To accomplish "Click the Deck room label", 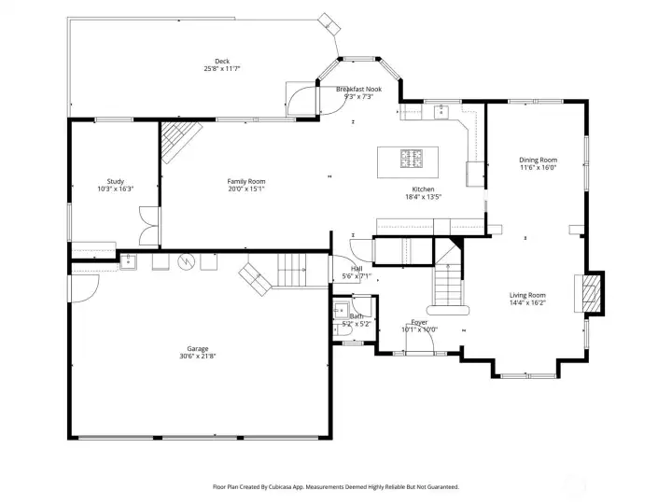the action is point(222,62).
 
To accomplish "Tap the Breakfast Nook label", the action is point(358,90).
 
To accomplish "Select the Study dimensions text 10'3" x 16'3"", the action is point(116,189).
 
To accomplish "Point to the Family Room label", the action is point(246,181).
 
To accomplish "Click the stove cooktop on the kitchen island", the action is point(412,158).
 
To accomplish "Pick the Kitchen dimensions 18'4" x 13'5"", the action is point(424,197).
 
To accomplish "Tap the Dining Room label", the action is point(539,160).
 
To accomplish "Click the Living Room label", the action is point(527,295).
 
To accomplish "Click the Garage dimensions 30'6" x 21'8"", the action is point(198,356).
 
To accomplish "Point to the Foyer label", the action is point(419,322).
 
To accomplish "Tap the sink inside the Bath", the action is point(342,310).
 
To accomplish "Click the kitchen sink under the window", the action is point(441,112).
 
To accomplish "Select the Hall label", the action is point(357,269).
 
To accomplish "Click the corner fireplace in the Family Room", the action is point(181,141).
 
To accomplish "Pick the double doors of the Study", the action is point(149,226).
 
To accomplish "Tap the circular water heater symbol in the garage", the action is point(187,261).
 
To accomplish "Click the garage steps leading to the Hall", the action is point(292,270).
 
